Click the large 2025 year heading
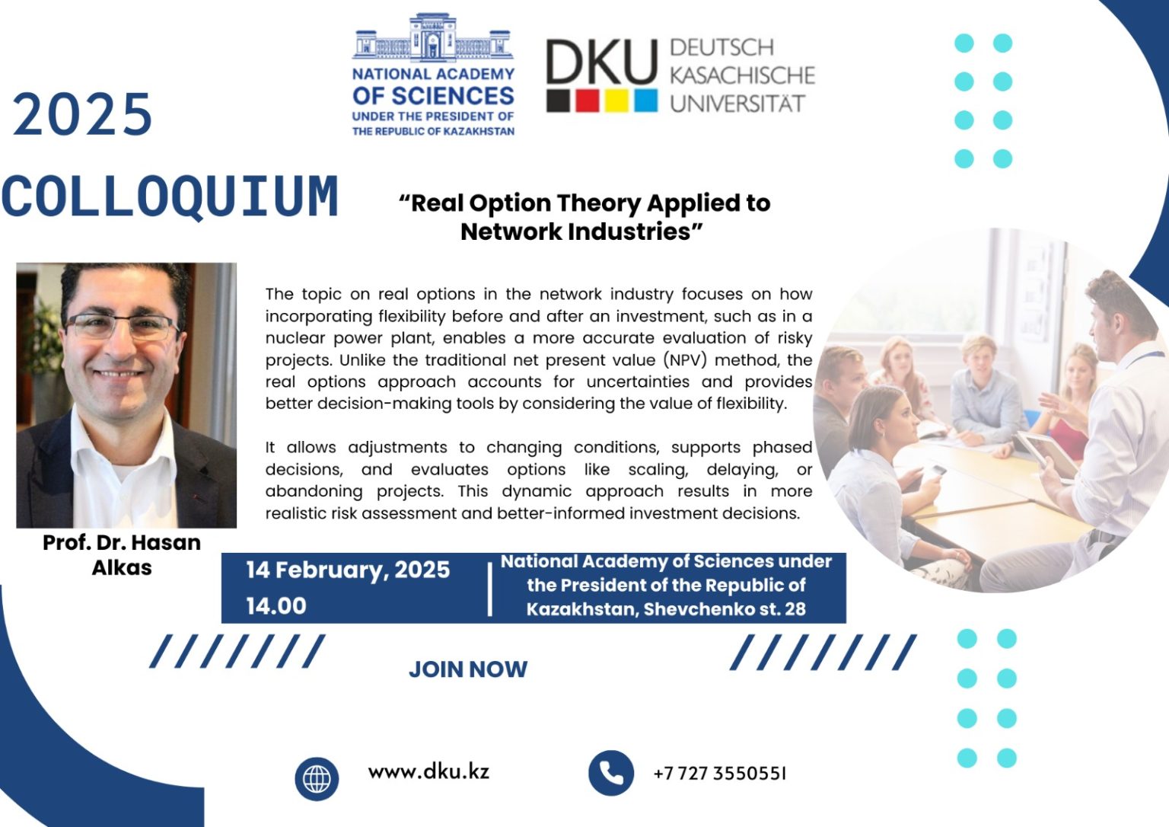pos(83,116)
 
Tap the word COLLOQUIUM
pos(170,196)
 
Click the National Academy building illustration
pos(432,38)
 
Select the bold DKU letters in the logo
pos(600,62)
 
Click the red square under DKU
pos(587,101)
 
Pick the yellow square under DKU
pos(616,101)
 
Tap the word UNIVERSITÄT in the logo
pos(737,104)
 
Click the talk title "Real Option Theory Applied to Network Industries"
pos(584,217)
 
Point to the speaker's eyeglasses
pos(122,327)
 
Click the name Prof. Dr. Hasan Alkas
pos(122,554)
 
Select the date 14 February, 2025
pos(348,570)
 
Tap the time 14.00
pos(276,606)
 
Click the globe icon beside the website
pos(317,778)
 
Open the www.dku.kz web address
pos(428,771)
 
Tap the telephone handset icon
pos(610,773)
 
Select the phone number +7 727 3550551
pos(719,774)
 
